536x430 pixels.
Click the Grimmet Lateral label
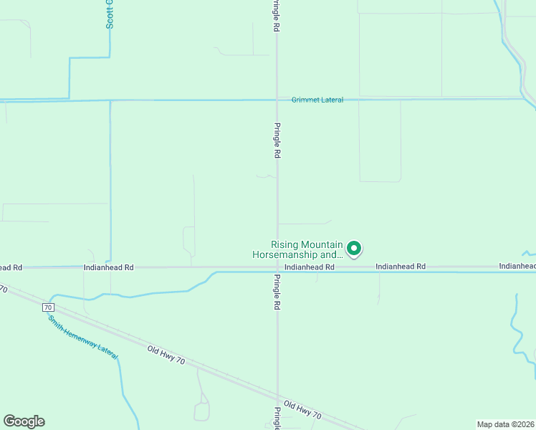(317, 100)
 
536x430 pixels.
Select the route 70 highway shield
(48, 307)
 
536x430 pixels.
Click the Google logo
(24, 421)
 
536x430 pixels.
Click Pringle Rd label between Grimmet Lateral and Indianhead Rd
(276, 140)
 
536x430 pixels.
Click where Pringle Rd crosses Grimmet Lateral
(278, 99)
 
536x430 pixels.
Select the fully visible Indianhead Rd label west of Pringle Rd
(109, 267)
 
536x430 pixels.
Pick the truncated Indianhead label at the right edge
(517, 267)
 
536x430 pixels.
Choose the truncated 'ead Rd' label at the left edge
(11, 267)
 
